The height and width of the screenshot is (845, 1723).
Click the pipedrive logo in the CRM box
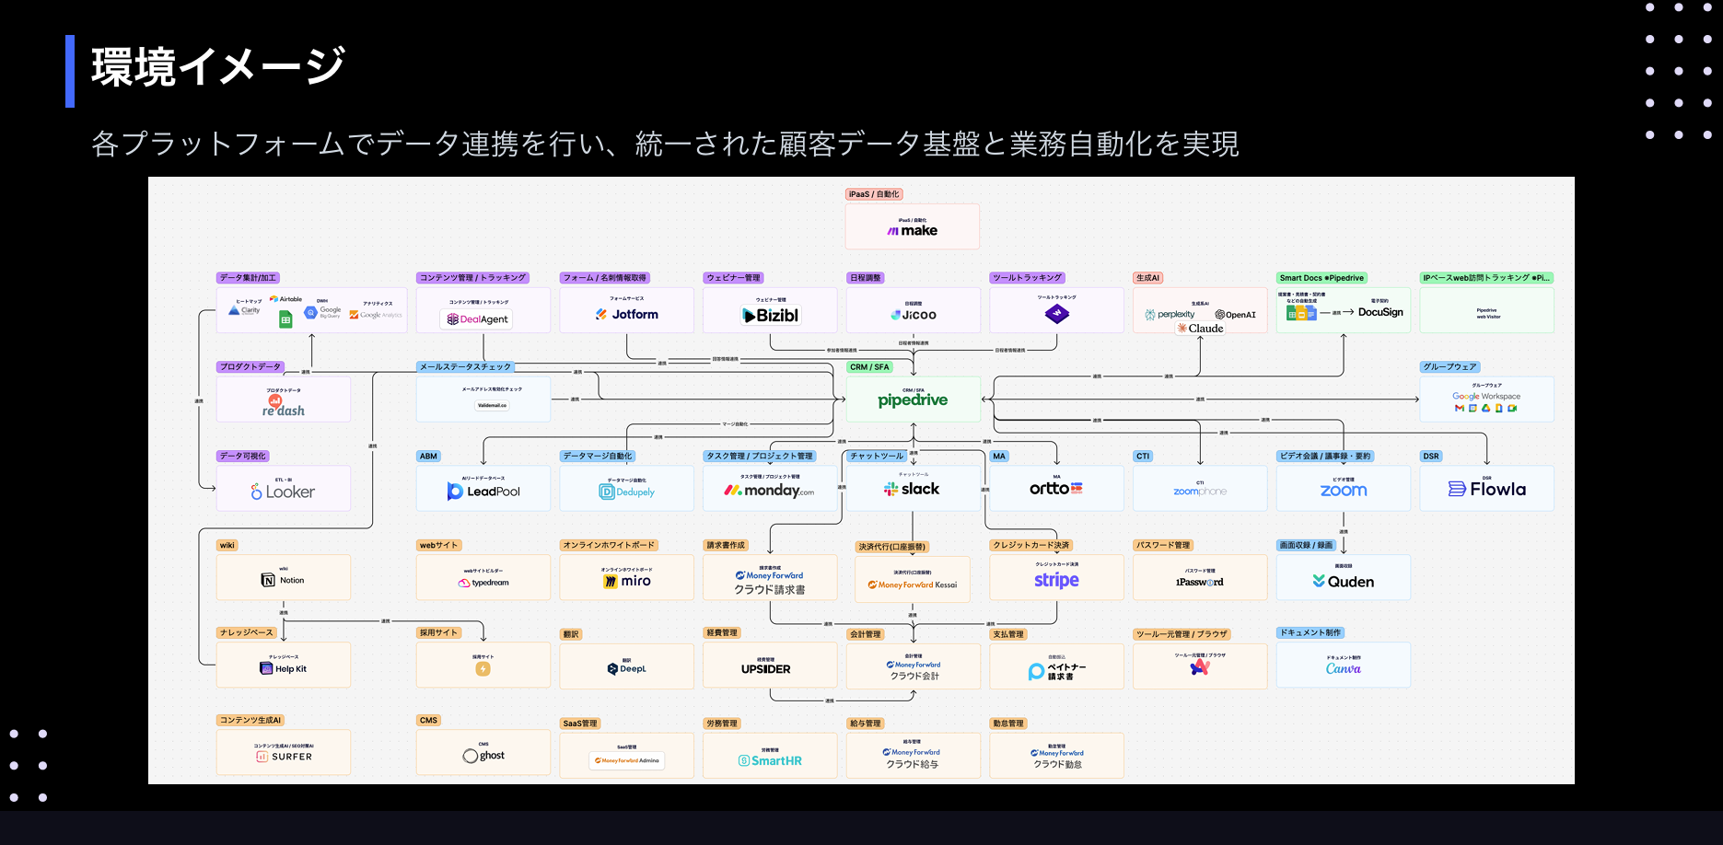pyautogui.click(x=912, y=400)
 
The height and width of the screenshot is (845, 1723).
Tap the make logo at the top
pyautogui.click(x=912, y=231)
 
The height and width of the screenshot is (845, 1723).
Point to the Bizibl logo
pyautogui.click(x=771, y=316)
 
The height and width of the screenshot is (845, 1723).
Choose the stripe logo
pyautogui.click(x=1056, y=580)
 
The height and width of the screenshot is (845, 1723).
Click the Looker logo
pyautogui.click(x=283, y=492)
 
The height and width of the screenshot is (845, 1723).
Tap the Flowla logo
pyautogui.click(x=1486, y=490)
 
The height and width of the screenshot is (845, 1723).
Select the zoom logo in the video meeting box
pyautogui.click(x=1343, y=491)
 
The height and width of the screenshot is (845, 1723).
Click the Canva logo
pyautogui.click(x=1343, y=669)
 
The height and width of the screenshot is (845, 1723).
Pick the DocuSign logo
pyautogui.click(x=1380, y=312)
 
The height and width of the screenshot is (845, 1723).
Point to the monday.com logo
pyautogui.click(x=769, y=491)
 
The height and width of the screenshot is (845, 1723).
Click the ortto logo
pyautogui.click(x=1055, y=489)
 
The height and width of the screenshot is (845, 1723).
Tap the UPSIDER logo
pyautogui.click(x=765, y=669)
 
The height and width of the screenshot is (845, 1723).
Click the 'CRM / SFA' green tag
pyautogui.click(x=869, y=367)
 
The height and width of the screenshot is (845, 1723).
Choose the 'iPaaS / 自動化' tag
pyautogui.click(x=873, y=194)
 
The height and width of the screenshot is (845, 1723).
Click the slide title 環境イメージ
pyautogui.click(x=218, y=67)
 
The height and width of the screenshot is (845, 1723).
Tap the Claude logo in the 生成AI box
pyautogui.click(x=1200, y=329)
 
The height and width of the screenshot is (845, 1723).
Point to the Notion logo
pyautogui.click(x=283, y=580)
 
